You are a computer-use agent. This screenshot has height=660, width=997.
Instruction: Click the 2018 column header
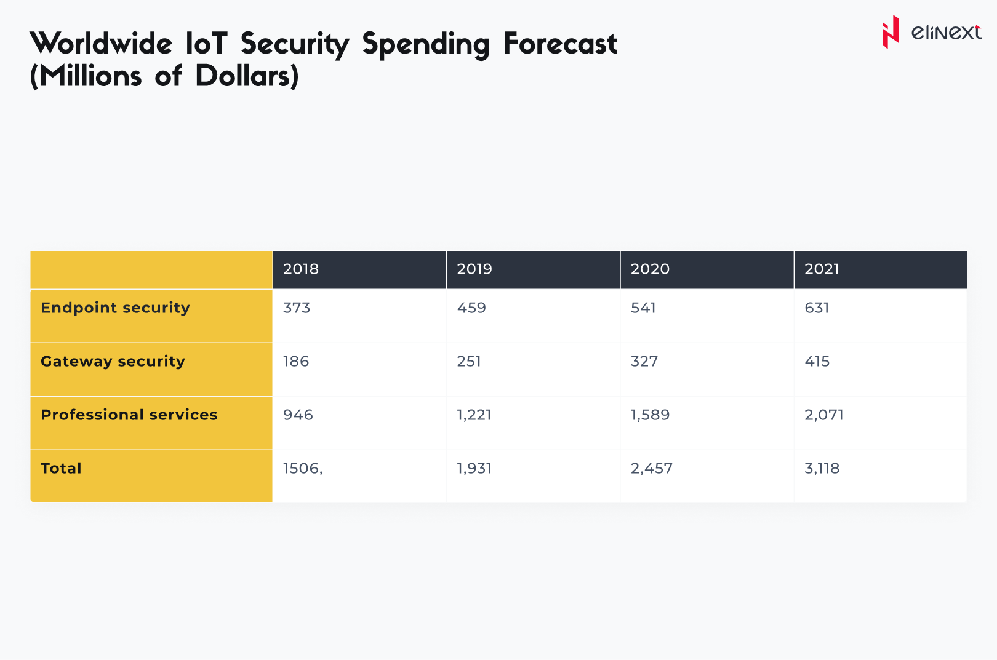tap(301, 269)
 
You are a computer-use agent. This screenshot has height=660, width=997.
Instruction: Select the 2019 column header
tap(474, 269)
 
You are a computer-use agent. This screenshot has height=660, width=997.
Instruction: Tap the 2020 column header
tap(650, 269)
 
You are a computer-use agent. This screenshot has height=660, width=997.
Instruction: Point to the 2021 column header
tap(822, 269)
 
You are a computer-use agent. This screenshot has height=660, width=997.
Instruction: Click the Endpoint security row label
tap(115, 308)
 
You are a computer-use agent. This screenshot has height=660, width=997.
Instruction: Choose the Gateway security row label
tap(113, 361)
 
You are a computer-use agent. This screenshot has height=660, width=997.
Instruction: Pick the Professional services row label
tap(129, 415)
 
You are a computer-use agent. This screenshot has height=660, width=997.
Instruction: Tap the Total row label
tap(61, 468)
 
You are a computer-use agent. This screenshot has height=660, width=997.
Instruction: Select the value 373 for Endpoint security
tap(297, 308)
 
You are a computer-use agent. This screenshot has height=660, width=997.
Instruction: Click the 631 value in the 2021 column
tap(817, 308)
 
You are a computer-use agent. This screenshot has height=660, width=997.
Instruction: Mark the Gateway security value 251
tap(469, 361)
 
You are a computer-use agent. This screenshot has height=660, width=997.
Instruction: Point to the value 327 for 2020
tap(644, 361)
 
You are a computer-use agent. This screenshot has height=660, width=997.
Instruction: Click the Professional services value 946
tap(298, 415)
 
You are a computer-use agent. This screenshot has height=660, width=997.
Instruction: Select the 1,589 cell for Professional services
tap(650, 415)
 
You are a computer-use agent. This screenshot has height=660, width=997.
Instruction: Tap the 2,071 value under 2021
tap(823, 415)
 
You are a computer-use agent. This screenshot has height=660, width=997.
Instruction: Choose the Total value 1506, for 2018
tap(303, 468)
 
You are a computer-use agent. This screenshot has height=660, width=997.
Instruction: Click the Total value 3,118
tap(822, 468)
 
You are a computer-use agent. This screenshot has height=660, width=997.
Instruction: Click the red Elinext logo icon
tap(890, 32)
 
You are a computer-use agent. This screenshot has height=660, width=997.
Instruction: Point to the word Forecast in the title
tap(560, 44)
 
